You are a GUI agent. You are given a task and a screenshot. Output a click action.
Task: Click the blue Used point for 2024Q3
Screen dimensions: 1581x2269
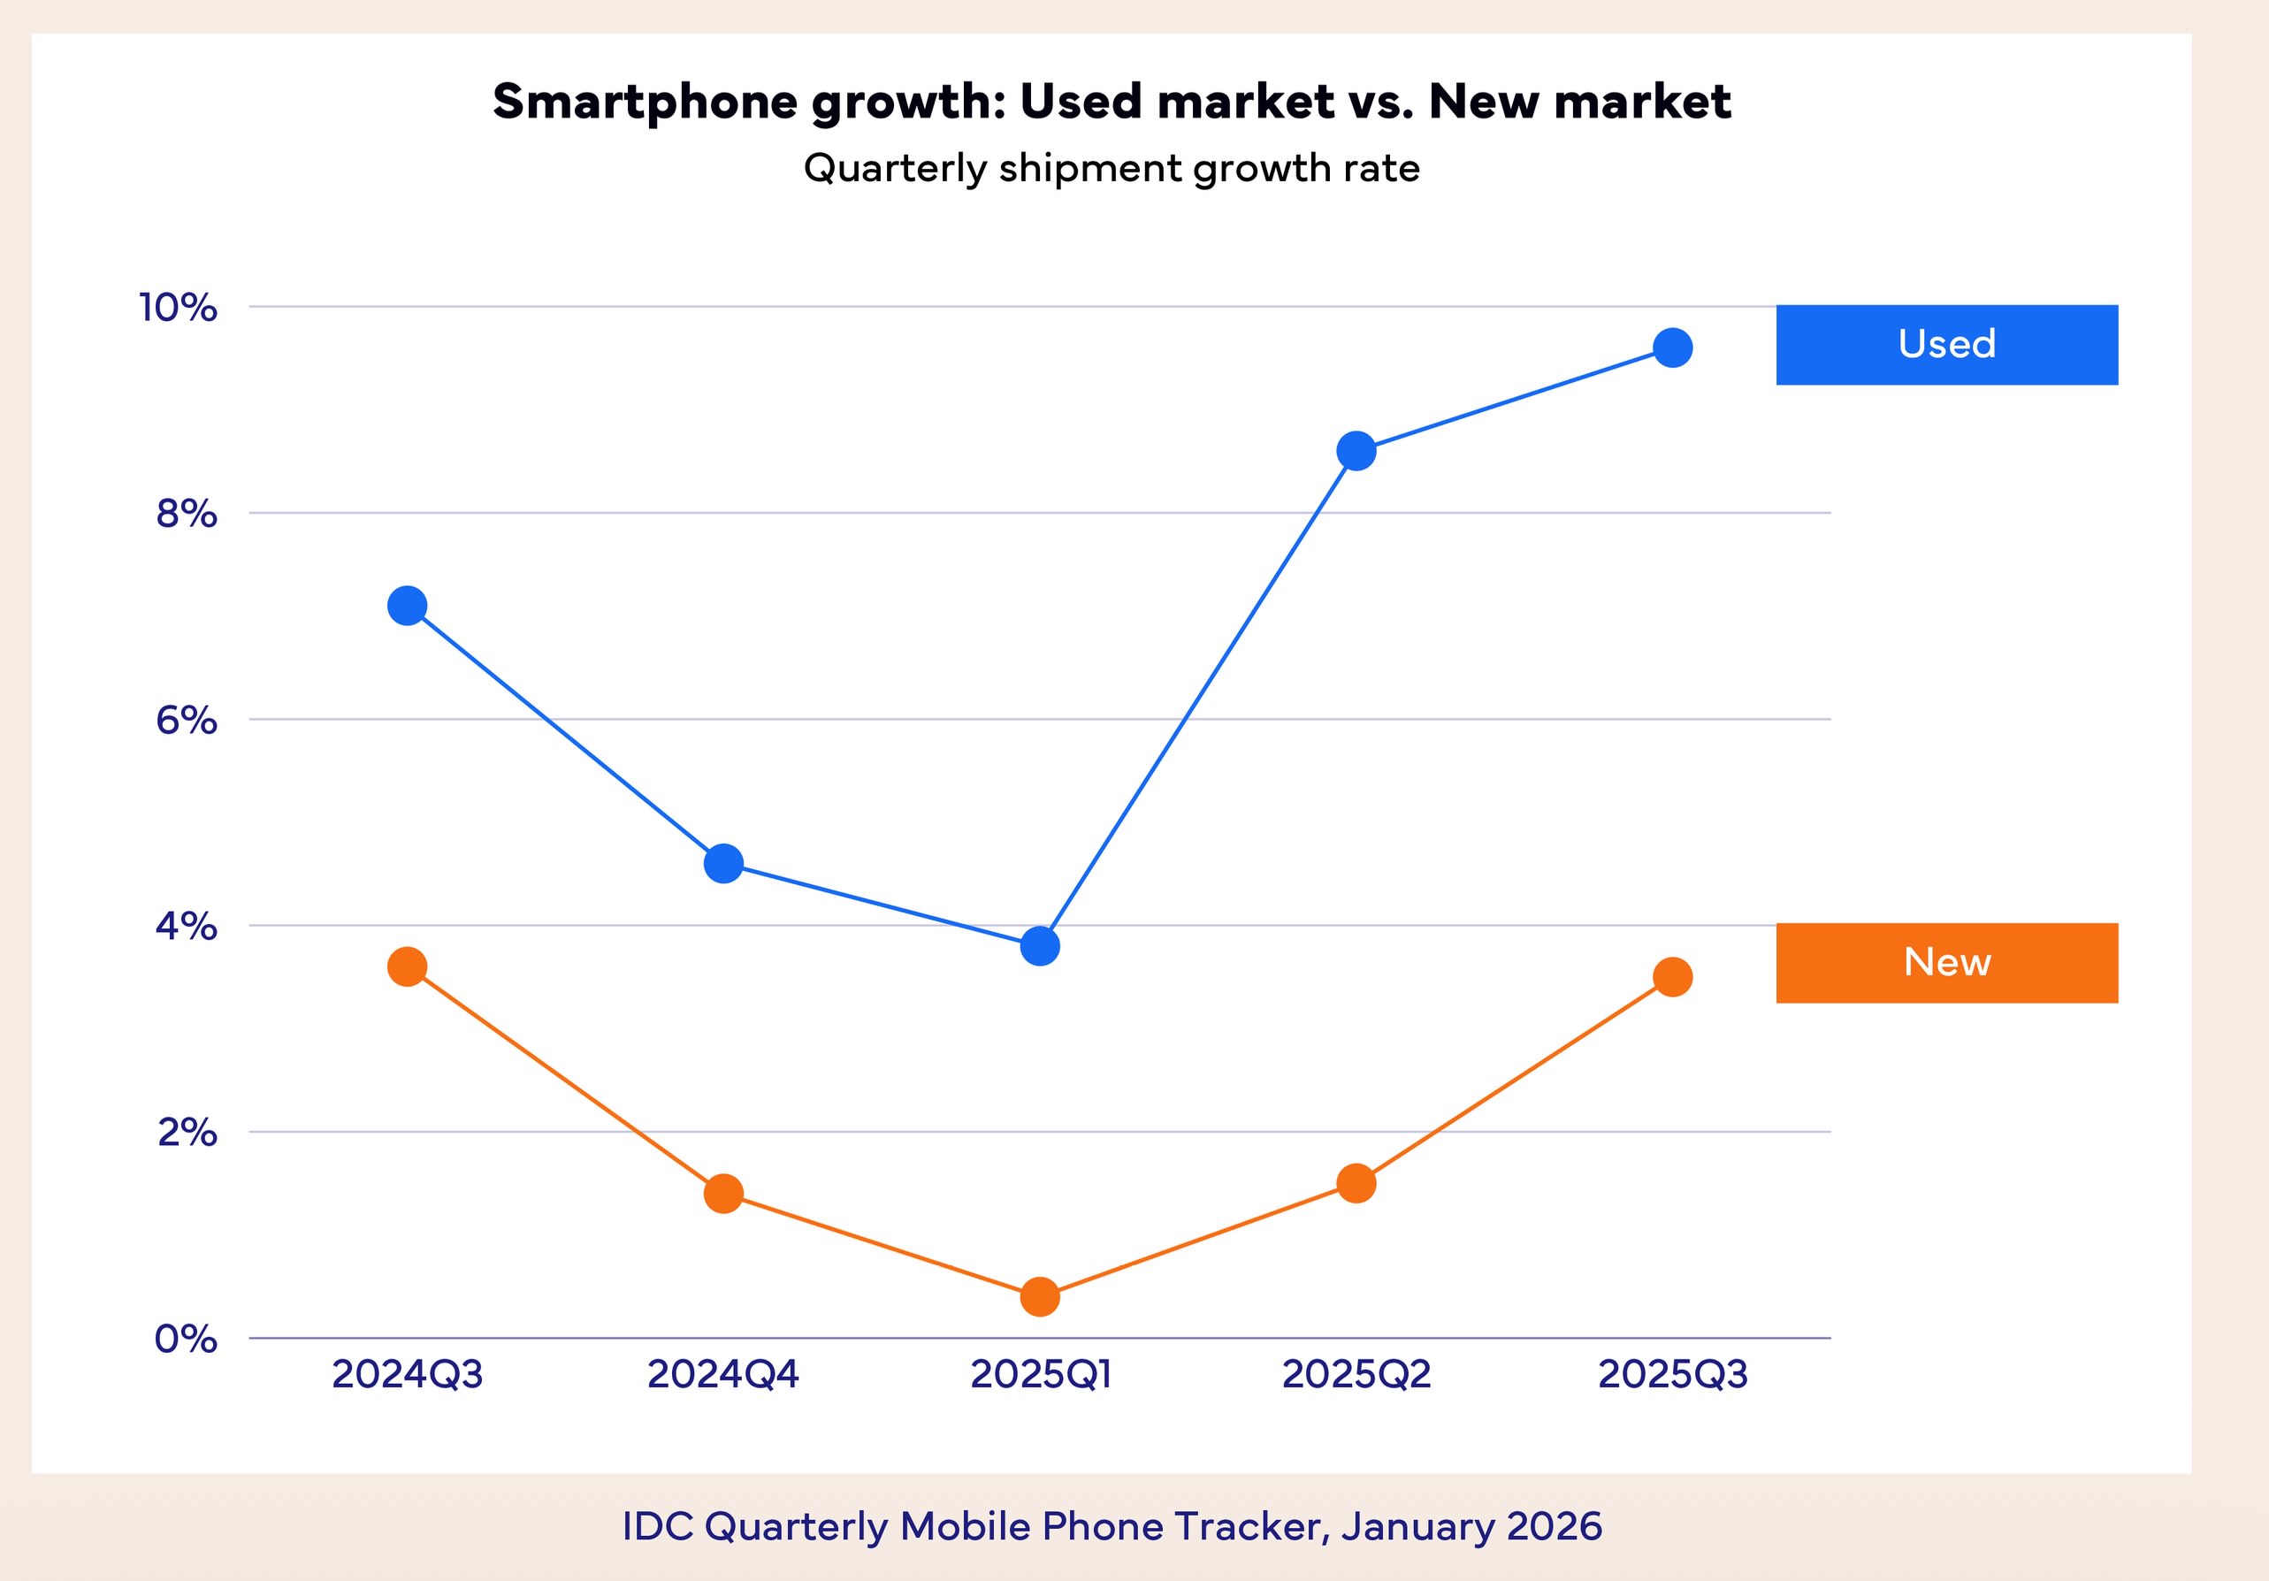(407, 606)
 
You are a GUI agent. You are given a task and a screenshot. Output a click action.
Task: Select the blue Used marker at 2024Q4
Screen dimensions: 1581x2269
(723, 864)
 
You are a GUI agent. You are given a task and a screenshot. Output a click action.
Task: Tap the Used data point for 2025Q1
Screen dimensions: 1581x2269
(1040, 945)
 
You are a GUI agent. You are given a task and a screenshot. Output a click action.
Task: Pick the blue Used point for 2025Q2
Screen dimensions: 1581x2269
(1356, 452)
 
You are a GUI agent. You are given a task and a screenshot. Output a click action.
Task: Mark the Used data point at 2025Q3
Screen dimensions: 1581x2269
(1672, 348)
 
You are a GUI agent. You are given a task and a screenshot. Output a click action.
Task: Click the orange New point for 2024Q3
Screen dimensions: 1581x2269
(407, 966)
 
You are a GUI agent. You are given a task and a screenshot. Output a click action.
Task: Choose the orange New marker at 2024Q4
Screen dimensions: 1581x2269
(723, 1194)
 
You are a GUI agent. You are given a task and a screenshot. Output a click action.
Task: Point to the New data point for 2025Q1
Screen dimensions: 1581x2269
(1040, 1296)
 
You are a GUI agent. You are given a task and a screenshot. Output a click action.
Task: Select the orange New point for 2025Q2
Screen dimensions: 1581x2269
(1356, 1183)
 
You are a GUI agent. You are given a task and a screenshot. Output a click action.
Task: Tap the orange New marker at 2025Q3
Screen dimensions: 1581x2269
(1672, 977)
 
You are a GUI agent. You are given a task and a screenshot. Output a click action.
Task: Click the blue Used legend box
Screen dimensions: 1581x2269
(1947, 345)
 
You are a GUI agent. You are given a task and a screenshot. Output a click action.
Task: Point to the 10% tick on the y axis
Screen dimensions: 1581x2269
(178, 308)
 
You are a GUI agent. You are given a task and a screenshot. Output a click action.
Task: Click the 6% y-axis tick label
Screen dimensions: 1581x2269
(186, 721)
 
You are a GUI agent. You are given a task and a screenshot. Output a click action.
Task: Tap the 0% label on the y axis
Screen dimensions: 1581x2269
(186, 1339)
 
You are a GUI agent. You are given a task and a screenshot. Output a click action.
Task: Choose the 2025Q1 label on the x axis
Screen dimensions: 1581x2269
(1041, 1374)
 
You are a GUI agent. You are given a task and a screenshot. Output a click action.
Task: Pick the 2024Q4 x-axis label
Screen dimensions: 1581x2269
(723, 1374)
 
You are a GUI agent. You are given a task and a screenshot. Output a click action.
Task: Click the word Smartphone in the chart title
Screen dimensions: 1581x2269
(646, 102)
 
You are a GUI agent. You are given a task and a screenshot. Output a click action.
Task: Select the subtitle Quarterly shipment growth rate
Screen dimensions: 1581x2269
(1112, 168)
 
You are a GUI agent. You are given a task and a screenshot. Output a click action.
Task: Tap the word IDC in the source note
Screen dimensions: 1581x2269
(657, 1527)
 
